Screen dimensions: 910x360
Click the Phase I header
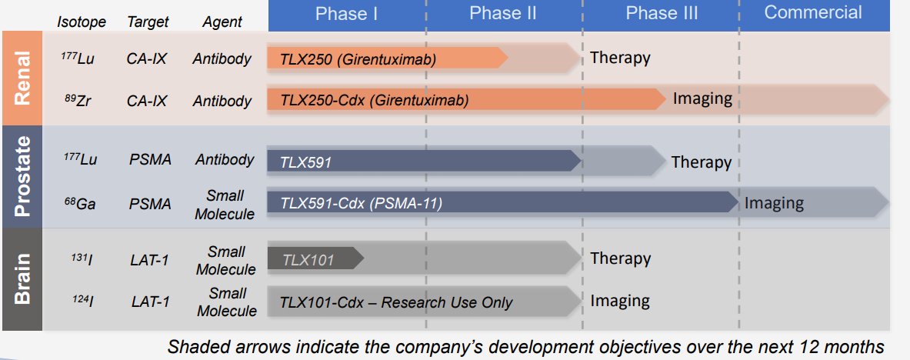(346, 13)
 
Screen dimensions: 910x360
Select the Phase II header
(502, 13)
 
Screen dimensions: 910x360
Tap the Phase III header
(662, 13)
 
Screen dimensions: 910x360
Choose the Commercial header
(813, 12)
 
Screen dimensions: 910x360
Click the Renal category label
(22, 78)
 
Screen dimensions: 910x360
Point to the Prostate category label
(22, 176)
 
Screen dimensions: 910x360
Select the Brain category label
(22, 278)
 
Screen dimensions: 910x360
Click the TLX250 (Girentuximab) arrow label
(358, 58)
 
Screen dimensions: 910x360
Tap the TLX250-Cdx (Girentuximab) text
(375, 101)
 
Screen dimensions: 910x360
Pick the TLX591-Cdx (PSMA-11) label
(362, 203)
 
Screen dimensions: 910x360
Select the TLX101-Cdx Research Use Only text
(396, 302)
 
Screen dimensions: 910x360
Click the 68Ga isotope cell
(77, 203)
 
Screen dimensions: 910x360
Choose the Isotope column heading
(82, 22)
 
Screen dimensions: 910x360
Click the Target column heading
(147, 22)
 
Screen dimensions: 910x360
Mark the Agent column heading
(222, 22)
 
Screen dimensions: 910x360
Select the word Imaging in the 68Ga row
(774, 203)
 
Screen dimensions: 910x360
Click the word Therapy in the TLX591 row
(701, 162)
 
